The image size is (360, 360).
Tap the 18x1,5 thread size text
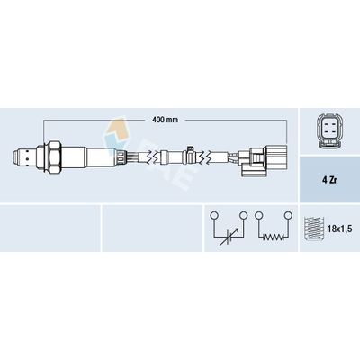[339, 229]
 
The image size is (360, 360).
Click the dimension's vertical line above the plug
[297, 130]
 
